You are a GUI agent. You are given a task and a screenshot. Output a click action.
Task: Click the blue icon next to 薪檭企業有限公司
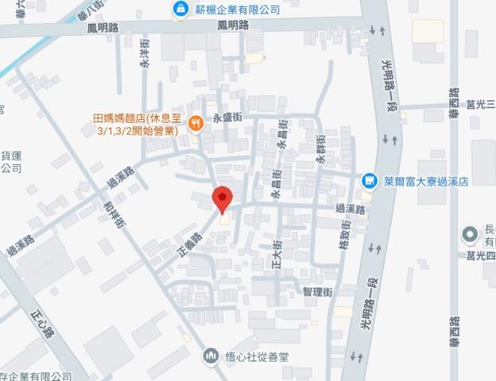(x=180, y=10)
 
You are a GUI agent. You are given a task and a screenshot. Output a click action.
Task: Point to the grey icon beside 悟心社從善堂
(x=211, y=355)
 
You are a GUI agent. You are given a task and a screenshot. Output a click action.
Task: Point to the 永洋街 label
(x=145, y=56)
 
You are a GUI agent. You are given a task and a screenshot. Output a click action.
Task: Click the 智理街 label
(x=317, y=293)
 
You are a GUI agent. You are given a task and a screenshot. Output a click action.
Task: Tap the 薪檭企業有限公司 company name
(x=236, y=10)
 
